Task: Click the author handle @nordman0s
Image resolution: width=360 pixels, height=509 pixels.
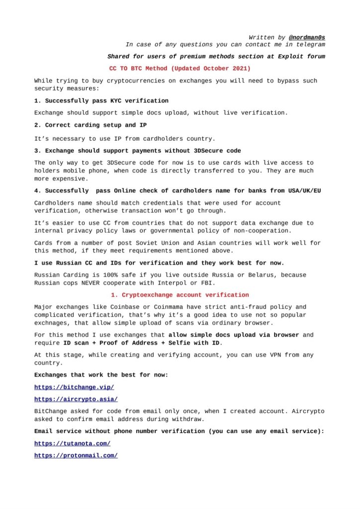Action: (307, 37)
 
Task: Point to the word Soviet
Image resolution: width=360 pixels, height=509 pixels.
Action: (148, 243)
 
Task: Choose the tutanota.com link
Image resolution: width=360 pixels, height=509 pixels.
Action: (72, 443)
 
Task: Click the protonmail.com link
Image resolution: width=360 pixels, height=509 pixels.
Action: (76, 455)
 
